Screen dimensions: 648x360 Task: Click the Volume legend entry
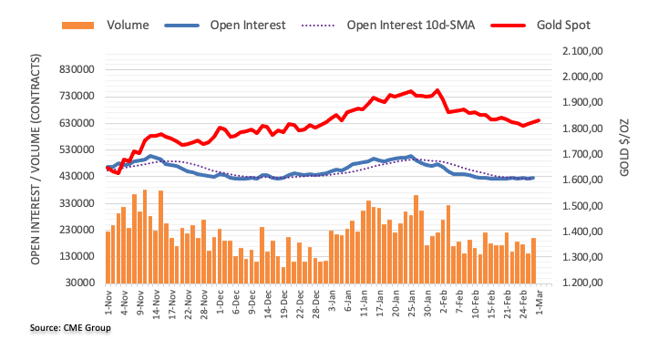106,26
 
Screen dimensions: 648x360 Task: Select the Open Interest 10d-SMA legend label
411,26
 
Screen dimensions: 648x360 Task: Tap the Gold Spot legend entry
541,26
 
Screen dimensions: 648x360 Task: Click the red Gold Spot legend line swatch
508,26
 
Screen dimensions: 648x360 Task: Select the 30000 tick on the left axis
80,283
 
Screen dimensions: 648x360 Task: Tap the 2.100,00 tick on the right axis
582,51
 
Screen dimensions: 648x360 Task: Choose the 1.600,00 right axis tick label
582,180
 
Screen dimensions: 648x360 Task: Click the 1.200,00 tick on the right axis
582,283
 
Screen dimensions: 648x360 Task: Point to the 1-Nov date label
108,303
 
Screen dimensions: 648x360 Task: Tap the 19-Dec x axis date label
284,303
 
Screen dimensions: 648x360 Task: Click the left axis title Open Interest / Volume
36,159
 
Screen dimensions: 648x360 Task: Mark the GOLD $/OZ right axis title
624,147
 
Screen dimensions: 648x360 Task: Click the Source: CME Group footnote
70,328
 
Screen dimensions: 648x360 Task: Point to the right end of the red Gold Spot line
539,120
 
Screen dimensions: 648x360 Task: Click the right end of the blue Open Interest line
533,178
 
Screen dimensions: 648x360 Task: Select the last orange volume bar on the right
533,261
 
